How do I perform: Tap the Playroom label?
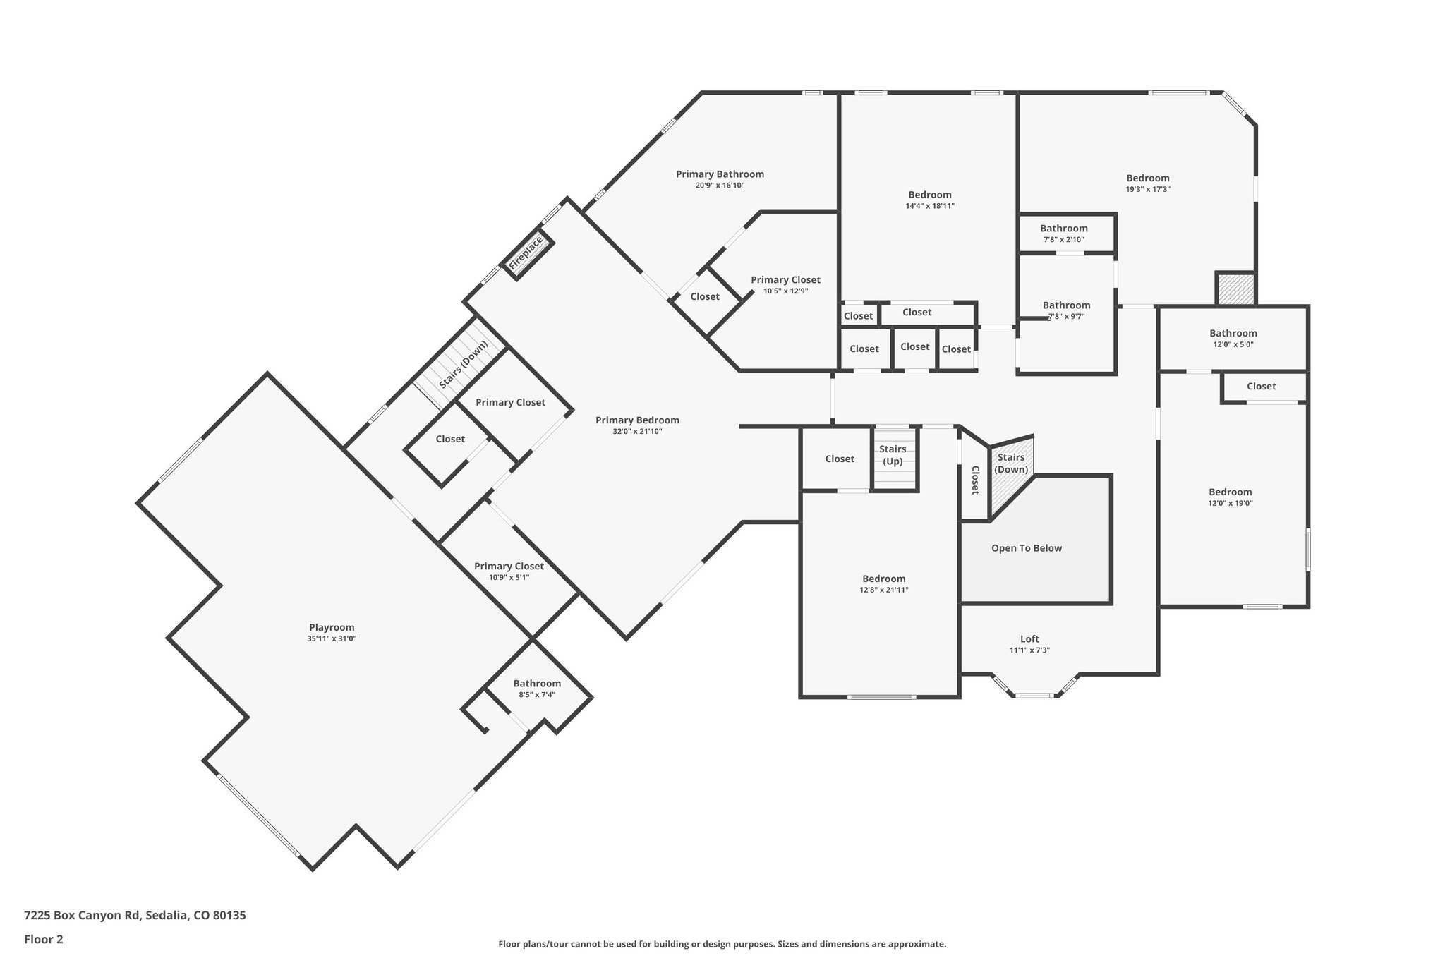[x=332, y=627]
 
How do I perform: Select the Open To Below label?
[x=1027, y=548]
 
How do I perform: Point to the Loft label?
[x=1029, y=639]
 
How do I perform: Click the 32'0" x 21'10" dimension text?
[x=637, y=431]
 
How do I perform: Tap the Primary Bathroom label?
[x=720, y=174]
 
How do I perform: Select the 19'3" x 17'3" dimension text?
[x=1148, y=189]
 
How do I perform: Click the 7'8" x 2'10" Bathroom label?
[x=1064, y=229]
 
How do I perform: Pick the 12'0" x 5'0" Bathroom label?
[x=1233, y=334]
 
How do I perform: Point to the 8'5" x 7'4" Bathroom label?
[x=537, y=684]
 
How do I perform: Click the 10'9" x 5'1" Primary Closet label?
[x=509, y=567]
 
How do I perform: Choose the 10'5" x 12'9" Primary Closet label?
[x=785, y=280]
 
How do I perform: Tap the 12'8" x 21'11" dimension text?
[x=883, y=590]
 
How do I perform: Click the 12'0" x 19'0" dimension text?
[x=1231, y=503]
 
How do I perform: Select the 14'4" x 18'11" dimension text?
[x=930, y=206]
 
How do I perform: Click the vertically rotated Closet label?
[x=975, y=480]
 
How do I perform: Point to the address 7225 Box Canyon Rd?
[x=83, y=915]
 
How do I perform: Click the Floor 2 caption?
[x=44, y=939]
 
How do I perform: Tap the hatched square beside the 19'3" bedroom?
[x=1235, y=289]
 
